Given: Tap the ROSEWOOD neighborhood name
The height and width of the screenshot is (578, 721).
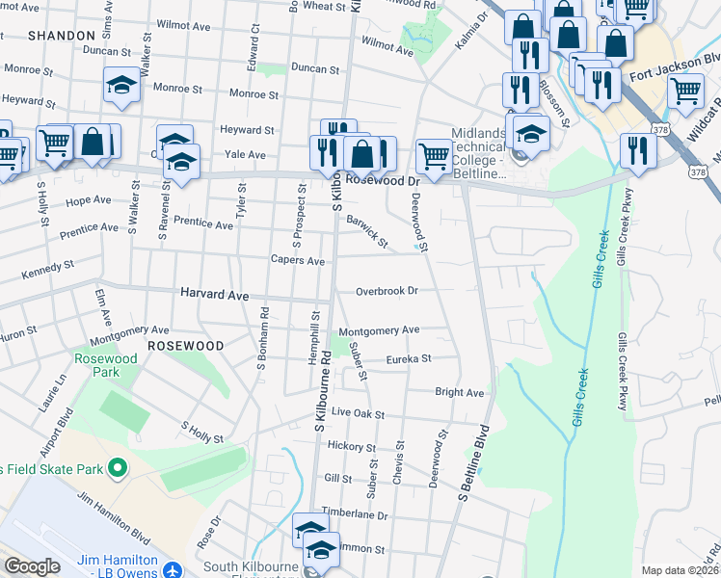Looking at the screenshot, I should pyautogui.click(x=185, y=345).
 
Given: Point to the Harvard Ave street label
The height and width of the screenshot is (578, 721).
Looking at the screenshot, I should pyautogui.click(x=214, y=294).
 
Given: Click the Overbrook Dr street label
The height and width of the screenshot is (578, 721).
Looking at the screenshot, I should pyautogui.click(x=386, y=291).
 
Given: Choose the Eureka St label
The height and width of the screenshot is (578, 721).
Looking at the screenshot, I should pyautogui.click(x=408, y=359).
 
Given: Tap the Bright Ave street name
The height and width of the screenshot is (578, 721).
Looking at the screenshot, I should pyautogui.click(x=459, y=393).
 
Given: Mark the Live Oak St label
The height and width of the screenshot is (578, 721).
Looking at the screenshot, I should pyautogui.click(x=358, y=413).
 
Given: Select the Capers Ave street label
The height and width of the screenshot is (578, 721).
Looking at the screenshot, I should pyautogui.click(x=297, y=260).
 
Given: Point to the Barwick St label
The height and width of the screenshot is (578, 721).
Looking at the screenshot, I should pyautogui.click(x=367, y=230).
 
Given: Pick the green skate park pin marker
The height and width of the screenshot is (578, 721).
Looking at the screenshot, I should pyautogui.click(x=118, y=469).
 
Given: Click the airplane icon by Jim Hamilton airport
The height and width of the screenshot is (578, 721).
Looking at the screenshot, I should pyautogui.click(x=172, y=568).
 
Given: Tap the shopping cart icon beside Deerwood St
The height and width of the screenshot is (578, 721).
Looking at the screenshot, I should pyautogui.click(x=435, y=155).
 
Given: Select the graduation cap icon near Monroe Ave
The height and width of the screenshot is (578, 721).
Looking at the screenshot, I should pyautogui.click(x=121, y=85).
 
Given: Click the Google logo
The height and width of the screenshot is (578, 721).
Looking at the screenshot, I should pyautogui.click(x=32, y=566).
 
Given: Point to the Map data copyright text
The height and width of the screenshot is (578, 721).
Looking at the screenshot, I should pyautogui.click(x=680, y=570).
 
